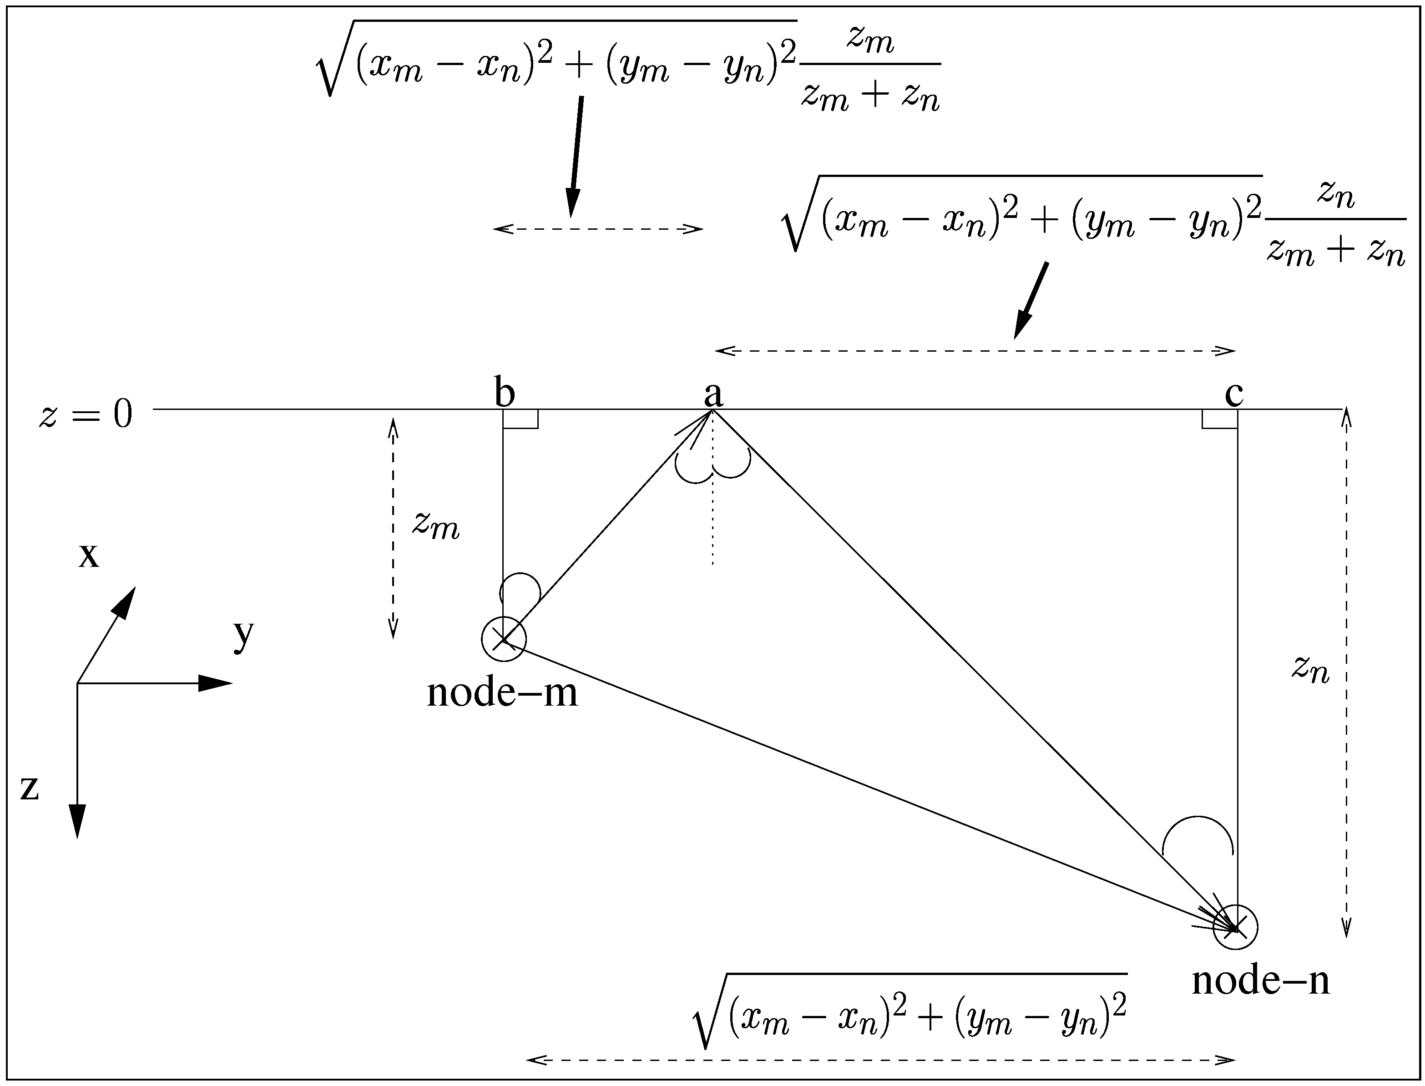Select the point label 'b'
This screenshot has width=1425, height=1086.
pos(505,392)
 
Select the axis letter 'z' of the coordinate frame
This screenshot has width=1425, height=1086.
pos(30,788)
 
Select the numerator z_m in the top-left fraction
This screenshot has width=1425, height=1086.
pos(870,41)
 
